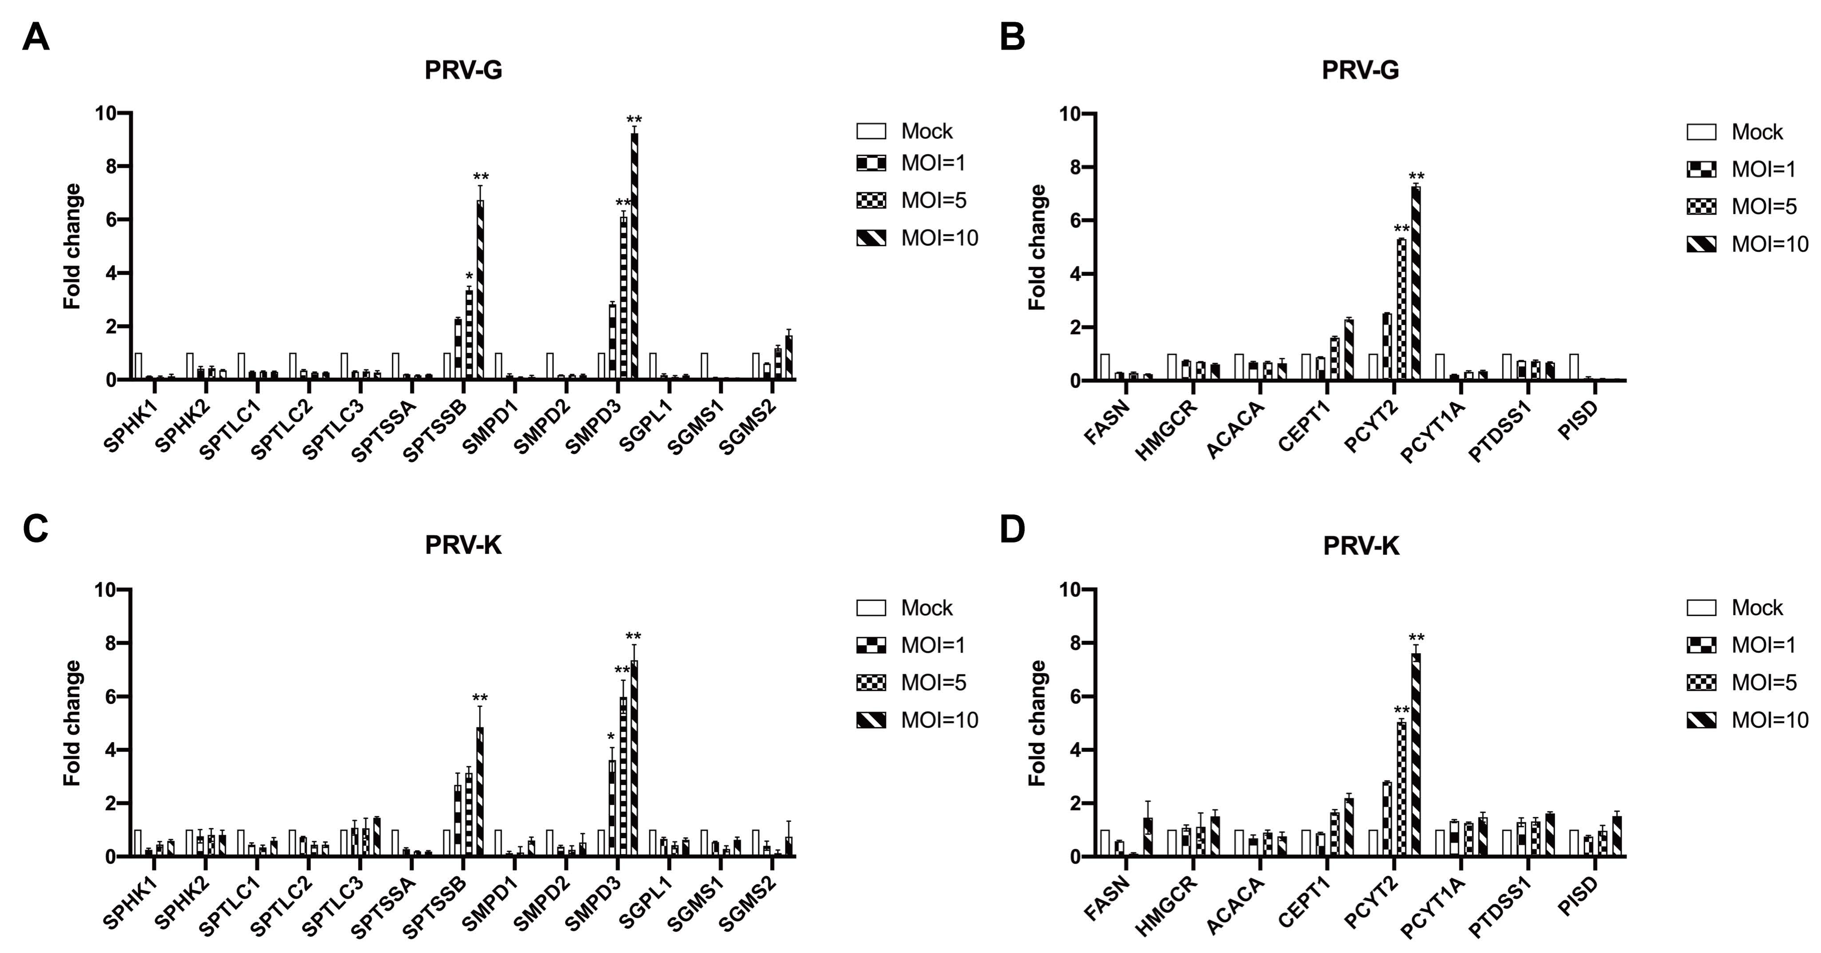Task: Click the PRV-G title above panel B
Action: pyautogui.click(x=1360, y=70)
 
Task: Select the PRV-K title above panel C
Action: pyautogui.click(x=463, y=546)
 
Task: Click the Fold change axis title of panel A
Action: pyautogui.click(x=72, y=246)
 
